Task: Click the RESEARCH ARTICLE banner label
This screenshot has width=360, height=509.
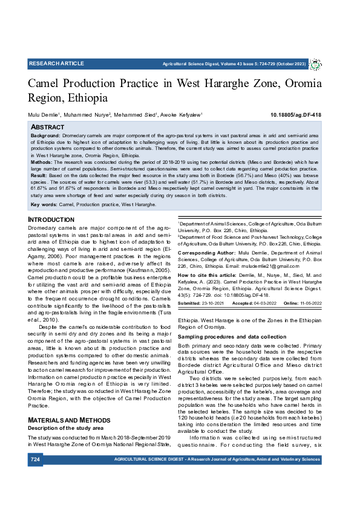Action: (56, 63)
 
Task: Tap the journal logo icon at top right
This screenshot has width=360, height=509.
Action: (315, 63)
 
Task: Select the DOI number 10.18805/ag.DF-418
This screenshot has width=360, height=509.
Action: (295, 115)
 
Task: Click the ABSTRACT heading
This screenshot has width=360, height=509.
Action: (47, 128)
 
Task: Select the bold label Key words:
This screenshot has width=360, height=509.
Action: (44, 205)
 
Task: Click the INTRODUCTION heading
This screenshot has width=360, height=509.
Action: (51, 219)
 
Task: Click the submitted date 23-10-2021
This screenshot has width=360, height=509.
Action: (213, 303)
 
